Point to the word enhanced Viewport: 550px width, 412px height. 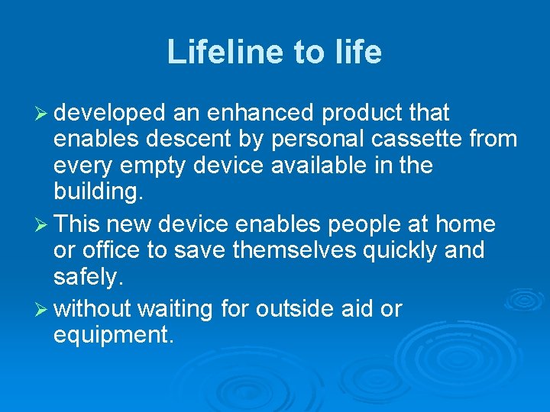pos(260,114)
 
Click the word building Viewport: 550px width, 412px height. pos(98,191)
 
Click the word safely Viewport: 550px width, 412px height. pos(88,275)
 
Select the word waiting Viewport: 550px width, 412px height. pos(176,309)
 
